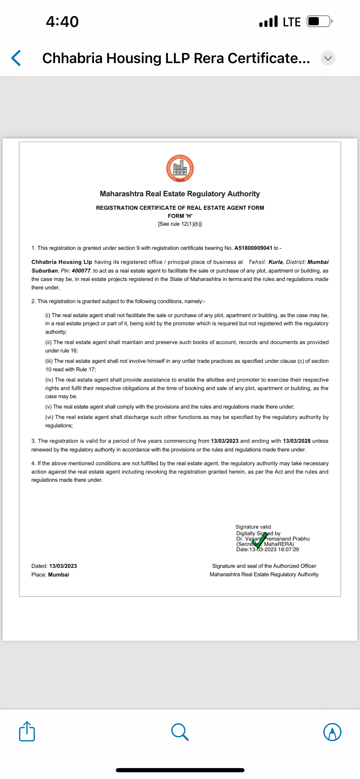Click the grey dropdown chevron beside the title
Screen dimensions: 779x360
tap(328, 58)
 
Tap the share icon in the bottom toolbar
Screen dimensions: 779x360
tap(27, 732)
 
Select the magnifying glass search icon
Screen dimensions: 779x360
tap(180, 732)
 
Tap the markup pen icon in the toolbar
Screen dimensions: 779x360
tap(332, 732)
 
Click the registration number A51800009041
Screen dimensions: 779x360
tap(253, 248)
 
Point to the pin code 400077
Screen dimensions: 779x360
tap(81, 271)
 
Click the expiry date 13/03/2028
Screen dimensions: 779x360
tap(297, 441)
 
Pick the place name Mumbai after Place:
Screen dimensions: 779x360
tap(58, 575)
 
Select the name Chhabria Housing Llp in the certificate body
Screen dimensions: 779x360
tap(62, 262)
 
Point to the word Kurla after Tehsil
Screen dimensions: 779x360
tap(275, 262)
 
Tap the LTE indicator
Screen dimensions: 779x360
tap(292, 22)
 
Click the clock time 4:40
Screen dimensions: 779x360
tap(62, 22)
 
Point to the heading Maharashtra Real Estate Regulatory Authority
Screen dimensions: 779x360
tap(180, 194)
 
